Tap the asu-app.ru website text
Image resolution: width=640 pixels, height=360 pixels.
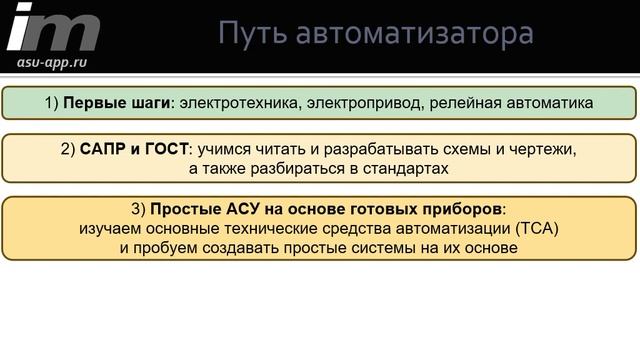51,61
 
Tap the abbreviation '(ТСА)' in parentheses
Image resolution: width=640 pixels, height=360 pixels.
535,229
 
